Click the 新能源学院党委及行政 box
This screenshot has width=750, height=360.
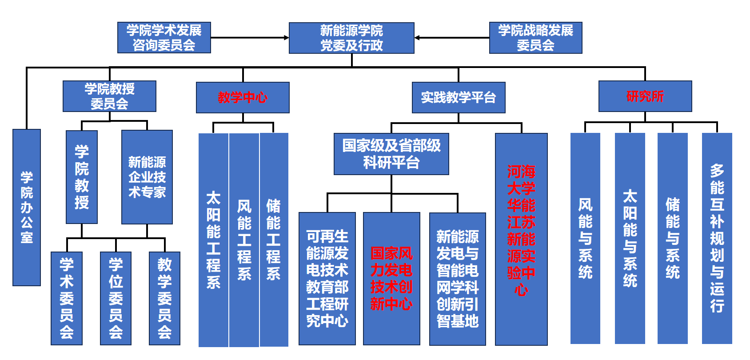coord(351,38)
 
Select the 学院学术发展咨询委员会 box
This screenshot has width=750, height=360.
coord(164,38)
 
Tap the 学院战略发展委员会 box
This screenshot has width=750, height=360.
coord(535,38)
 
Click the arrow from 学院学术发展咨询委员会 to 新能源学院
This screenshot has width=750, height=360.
coord(249,38)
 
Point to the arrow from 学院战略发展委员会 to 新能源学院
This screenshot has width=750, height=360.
coord(451,38)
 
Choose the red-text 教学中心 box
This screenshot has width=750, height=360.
coord(243,97)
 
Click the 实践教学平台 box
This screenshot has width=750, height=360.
coord(459,97)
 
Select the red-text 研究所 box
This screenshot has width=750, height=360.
coord(645,96)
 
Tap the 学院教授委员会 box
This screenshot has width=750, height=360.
coord(109,96)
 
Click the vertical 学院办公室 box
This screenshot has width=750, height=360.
coord(27,207)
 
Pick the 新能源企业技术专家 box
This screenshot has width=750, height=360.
coord(147,177)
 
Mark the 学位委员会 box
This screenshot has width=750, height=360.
coord(116,298)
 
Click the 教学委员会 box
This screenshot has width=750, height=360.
coord(164,298)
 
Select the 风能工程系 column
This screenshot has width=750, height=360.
coord(244,240)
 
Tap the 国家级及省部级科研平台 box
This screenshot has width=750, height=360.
coord(391,154)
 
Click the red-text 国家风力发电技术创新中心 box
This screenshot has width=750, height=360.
coord(391,278)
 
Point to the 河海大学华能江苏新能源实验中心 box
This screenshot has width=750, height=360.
coord(521,239)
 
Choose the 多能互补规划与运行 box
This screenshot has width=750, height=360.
coord(717,238)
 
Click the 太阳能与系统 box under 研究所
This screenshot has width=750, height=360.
coord(630,238)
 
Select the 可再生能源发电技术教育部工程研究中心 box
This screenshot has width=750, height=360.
coord(327,278)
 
